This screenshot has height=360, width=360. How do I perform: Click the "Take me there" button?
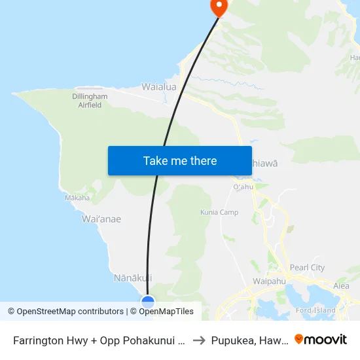pyautogui.click(x=180, y=160)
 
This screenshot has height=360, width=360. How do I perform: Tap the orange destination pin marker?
pyautogui.click(x=217, y=7)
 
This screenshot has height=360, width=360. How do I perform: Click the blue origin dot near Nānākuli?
pyautogui.click(x=148, y=302)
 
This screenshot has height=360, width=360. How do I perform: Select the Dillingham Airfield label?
pyautogui.click(x=90, y=100)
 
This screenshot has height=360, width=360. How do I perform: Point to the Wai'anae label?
pyautogui.click(x=101, y=219)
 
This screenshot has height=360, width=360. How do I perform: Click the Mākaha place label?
pyautogui.click(x=77, y=197)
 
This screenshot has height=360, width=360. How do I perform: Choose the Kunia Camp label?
pyautogui.click(x=219, y=212)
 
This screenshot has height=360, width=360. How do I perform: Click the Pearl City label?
pyautogui.click(x=308, y=268)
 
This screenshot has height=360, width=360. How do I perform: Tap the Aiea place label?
pyautogui.click(x=341, y=286)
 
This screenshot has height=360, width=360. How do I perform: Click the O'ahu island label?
pyautogui.click(x=243, y=187)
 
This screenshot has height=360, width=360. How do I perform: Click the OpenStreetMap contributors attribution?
pyautogui.click(x=65, y=312)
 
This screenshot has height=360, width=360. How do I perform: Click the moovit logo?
pyautogui.click(x=321, y=340)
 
